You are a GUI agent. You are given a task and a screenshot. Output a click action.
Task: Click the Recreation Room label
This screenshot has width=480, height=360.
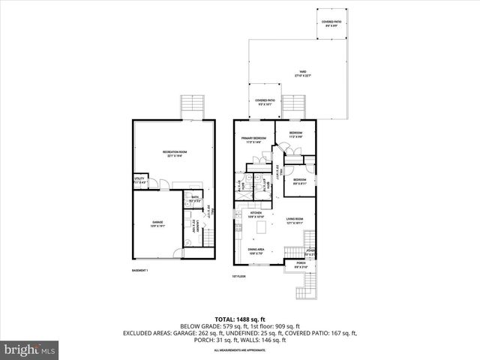[174, 154]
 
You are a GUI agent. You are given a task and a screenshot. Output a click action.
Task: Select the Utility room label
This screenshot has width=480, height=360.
[139, 181]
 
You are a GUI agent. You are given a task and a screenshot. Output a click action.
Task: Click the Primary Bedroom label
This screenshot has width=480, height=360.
[253, 139]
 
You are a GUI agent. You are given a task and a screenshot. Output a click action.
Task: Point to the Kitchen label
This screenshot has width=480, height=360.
[256, 215]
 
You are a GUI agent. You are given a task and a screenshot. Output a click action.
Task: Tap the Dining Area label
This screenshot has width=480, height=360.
[257, 251]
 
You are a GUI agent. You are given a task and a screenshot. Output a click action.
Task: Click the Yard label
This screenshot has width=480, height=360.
[301, 73]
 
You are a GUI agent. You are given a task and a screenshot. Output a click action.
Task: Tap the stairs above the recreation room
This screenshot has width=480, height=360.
[193, 105]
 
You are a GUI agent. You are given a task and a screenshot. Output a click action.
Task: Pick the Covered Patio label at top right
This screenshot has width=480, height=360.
[331, 23]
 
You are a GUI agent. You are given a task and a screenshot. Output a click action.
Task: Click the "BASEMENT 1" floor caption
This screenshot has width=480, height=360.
[140, 270]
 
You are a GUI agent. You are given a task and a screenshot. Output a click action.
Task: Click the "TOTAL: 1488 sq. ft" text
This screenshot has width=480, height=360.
[239, 319]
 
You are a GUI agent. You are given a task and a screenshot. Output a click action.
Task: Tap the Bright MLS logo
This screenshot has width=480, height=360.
[30, 349]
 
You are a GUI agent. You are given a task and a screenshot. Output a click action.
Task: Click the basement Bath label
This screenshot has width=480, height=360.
[193, 200]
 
